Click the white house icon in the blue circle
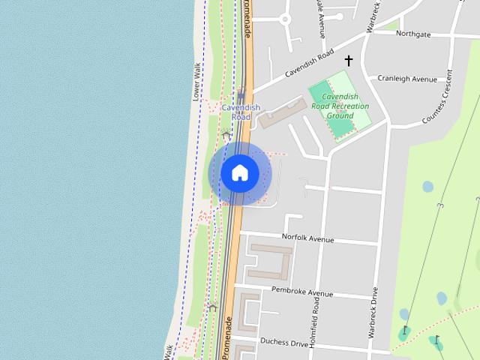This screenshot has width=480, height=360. (x=240, y=173)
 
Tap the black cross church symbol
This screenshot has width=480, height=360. (x=348, y=60)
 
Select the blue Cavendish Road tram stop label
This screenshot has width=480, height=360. (x=241, y=112)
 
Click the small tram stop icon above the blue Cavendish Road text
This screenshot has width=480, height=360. (x=241, y=94)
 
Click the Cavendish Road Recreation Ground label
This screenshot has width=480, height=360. (x=340, y=106)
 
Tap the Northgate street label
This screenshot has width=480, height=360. (x=413, y=34)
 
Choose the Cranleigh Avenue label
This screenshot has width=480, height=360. (x=406, y=79)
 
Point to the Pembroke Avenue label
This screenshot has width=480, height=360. (x=301, y=292)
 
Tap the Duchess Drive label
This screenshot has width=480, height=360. (x=284, y=342)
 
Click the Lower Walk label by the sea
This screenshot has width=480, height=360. (x=196, y=81)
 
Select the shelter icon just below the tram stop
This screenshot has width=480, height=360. (x=225, y=135)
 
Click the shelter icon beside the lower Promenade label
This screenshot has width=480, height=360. (x=213, y=307)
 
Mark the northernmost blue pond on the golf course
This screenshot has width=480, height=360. (x=427, y=186)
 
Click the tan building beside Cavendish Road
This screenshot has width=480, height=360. (x=278, y=115)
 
